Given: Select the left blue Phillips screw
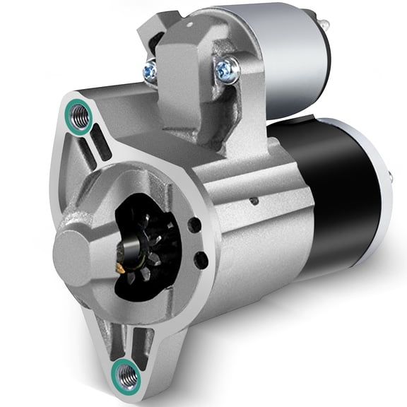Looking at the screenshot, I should pos(151,69).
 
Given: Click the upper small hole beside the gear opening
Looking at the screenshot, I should pos(193,225).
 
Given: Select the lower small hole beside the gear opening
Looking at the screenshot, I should pos(201,260).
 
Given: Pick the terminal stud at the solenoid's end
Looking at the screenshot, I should pos(324,25).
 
